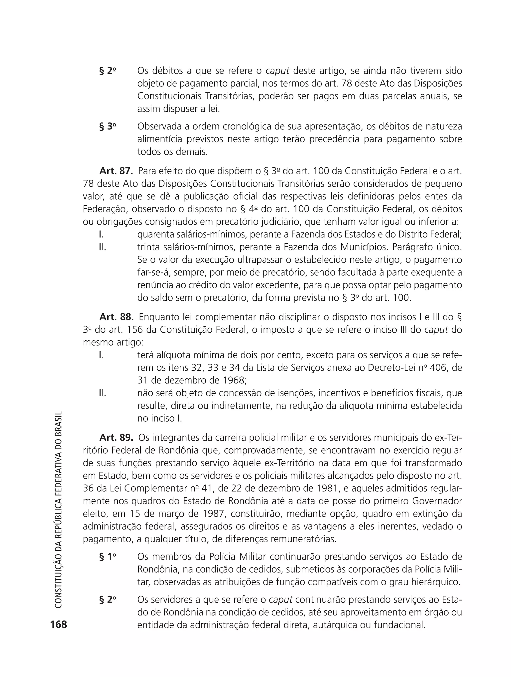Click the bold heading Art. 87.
click(116, 171)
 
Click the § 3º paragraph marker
click(108, 126)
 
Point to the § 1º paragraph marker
click(108, 557)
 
